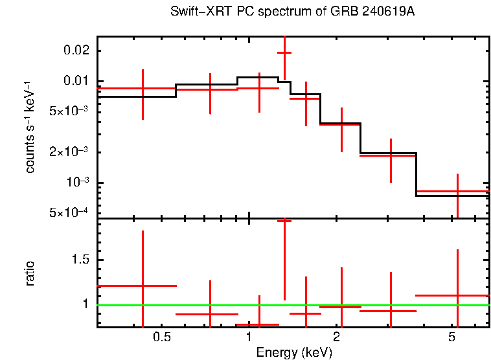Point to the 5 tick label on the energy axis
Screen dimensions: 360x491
click(x=453, y=337)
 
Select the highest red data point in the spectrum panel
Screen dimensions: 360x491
click(x=284, y=52)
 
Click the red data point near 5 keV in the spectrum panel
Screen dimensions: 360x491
click(x=457, y=192)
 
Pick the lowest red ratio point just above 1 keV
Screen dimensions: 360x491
click(x=259, y=324)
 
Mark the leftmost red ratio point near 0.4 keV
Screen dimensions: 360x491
click(x=143, y=286)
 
